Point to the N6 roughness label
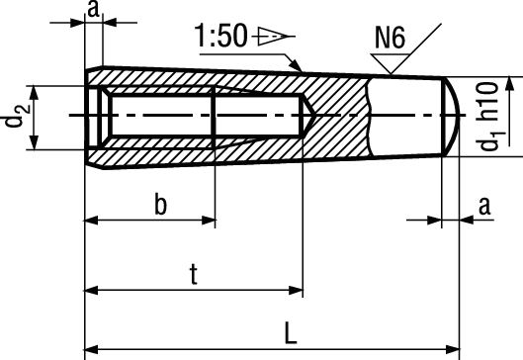[390, 40]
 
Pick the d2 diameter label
[14, 118]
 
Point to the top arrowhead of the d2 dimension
[36, 91]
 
